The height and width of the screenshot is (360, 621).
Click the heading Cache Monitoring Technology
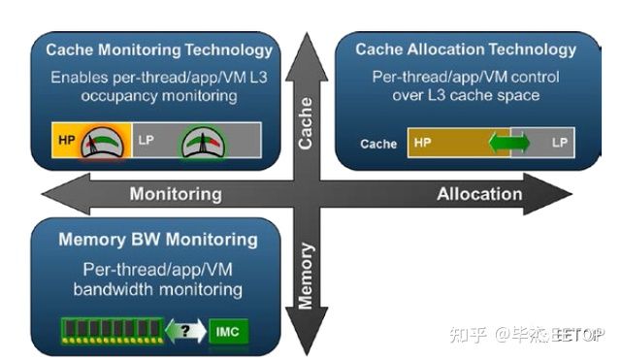click(159, 50)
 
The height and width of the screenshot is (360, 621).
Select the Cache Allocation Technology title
click(466, 49)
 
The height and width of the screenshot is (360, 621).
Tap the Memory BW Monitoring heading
click(158, 240)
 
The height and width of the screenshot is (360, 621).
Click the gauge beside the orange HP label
click(102, 143)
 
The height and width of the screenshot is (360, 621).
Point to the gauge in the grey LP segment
click(203, 142)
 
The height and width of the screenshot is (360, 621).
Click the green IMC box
click(229, 331)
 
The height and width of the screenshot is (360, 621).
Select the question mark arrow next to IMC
click(185, 331)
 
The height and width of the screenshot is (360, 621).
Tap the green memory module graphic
click(113, 331)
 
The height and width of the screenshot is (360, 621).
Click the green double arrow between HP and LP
click(509, 143)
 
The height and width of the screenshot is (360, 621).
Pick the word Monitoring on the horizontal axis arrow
click(176, 194)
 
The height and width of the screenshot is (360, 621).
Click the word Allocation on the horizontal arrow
click(479, 194)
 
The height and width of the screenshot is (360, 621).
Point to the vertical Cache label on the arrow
click(306, 123)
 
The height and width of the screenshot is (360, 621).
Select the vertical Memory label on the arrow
click(306, 276)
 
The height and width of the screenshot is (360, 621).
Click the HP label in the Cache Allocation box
click(423, 143)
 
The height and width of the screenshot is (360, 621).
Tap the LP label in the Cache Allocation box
click(560, 143)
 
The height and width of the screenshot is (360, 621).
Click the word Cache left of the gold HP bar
click(378, 144)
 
